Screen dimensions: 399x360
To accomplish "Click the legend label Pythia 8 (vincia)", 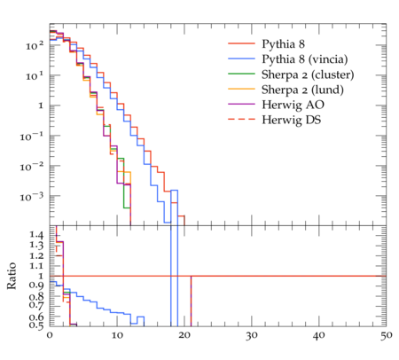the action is [305, 59].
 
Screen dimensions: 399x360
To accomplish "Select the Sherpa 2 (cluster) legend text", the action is [308, 74].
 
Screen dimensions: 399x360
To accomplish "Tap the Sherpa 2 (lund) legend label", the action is [302, 90].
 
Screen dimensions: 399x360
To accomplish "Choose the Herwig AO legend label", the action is [293, 105].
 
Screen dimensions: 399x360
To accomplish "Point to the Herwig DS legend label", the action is [292, 120].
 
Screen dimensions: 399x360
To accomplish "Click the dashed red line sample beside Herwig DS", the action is [241, 119].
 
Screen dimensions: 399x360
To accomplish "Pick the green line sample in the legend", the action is [241, 74].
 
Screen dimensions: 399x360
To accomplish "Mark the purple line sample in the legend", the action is [241, 104].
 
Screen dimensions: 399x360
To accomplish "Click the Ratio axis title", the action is [12, 276].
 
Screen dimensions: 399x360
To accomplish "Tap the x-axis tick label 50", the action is [386, 336].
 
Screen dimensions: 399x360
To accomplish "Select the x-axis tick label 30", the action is [251, 336].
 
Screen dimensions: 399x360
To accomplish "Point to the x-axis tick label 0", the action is [50, 336].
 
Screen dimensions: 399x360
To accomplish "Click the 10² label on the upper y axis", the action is [35, 46].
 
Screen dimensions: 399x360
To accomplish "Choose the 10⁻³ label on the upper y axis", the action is [31, 196].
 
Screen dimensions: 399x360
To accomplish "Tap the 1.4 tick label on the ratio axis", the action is [36, 235].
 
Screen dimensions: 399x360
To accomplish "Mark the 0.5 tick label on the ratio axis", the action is [36, 325].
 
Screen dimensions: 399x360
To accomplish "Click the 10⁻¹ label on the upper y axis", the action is [31, 137].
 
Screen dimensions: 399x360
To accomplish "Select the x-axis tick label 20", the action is [184, 336].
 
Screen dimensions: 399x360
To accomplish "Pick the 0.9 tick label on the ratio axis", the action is [36, 286].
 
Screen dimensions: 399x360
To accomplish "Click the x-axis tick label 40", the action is [318, 336].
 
